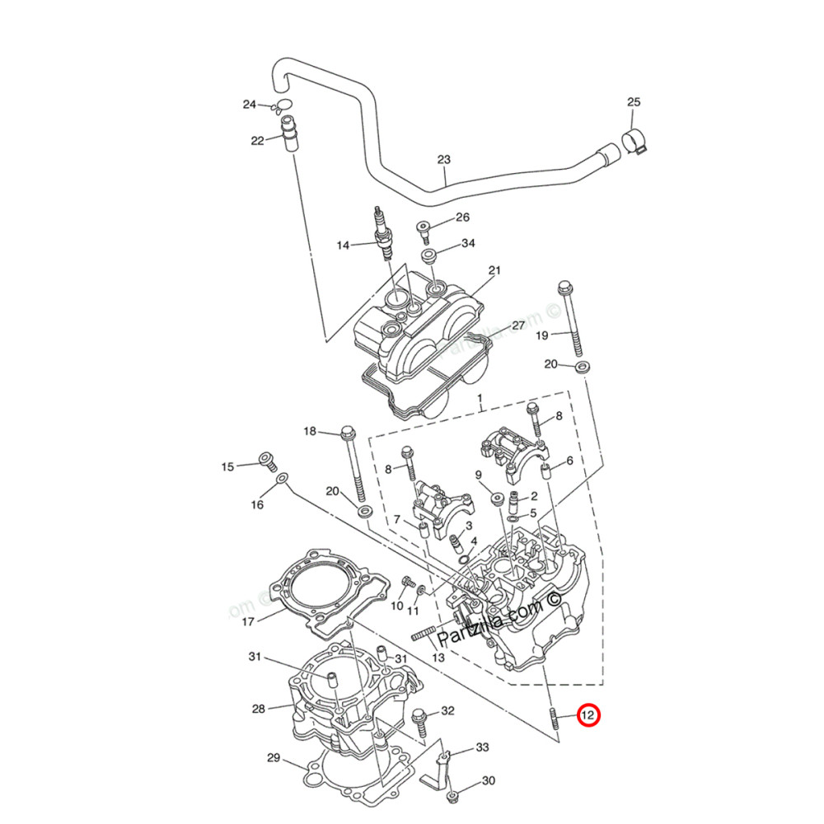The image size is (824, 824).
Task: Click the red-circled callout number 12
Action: tap(588, 716)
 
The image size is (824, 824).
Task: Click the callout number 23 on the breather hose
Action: tap(444, 160)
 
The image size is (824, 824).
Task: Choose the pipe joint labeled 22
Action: tap(288, 133)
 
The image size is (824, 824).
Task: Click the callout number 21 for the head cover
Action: tap(494, 270)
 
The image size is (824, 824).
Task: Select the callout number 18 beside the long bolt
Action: tap(310, 431)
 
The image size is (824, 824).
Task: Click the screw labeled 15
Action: tap(265, 461)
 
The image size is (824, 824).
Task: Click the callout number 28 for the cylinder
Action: tap(258, 709)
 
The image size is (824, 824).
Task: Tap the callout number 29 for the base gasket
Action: tap(274, 757)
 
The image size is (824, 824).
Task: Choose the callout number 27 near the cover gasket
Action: tap(517, 325)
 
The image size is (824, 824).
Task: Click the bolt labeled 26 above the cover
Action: tap(424, 227)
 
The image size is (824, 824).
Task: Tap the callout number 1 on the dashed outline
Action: tap(479, 398)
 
